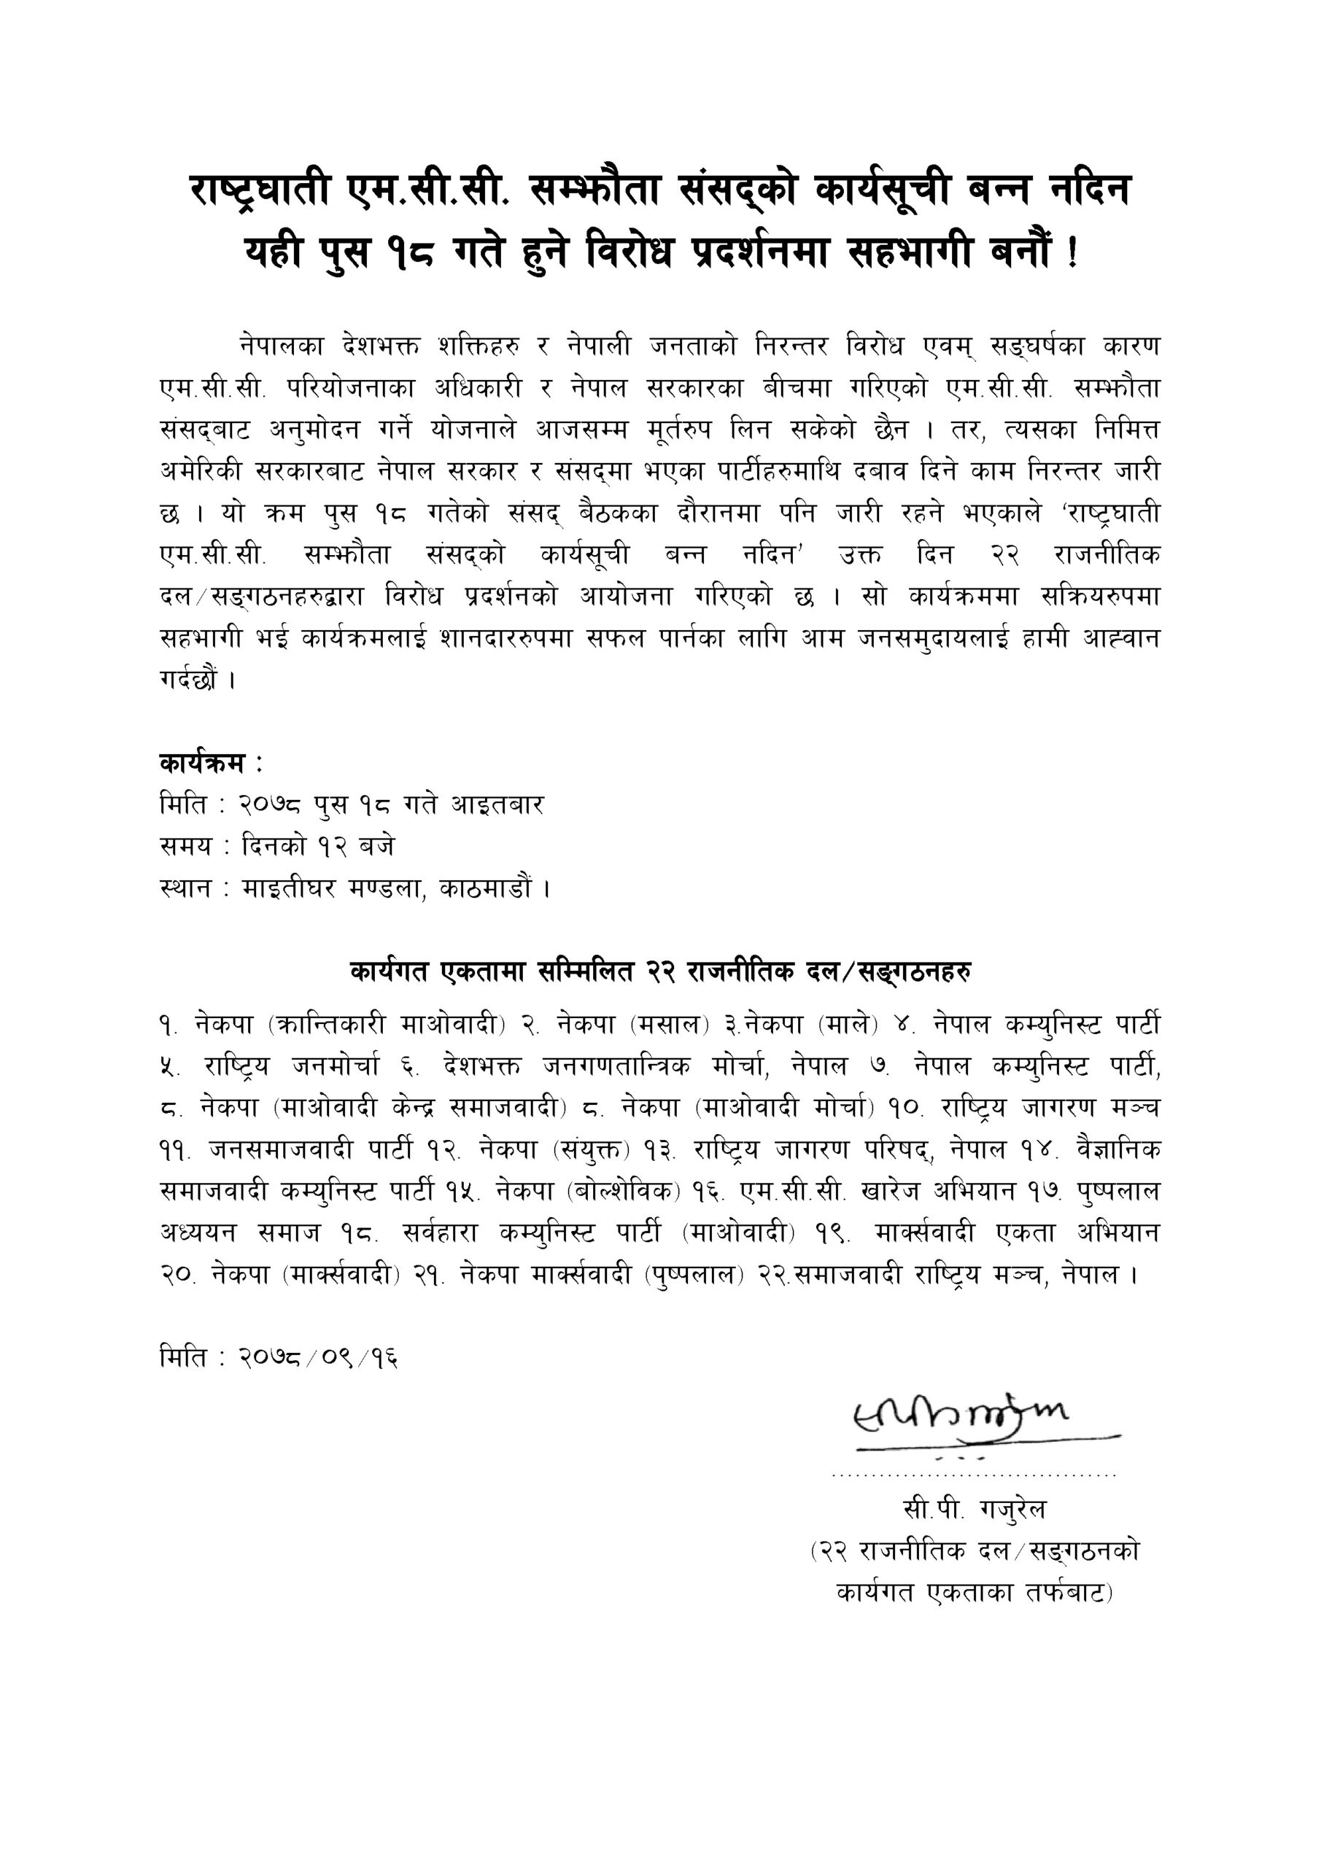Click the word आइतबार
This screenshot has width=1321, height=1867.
click(497, 805)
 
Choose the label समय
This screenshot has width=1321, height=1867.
click(185, 847)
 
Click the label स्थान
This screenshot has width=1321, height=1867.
click(185, 888)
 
